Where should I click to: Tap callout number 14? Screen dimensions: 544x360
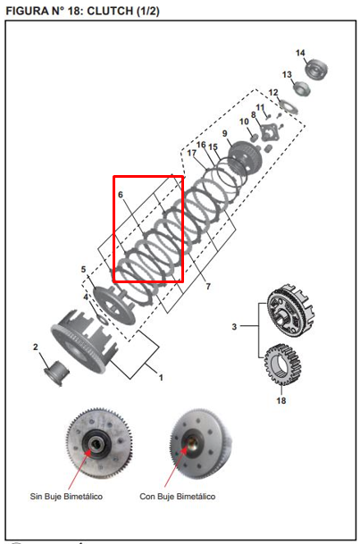pyautogui.click(x=300, y=53)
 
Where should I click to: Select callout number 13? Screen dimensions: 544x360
pyautogui.click(x=288, y=74)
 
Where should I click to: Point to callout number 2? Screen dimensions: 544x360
pyautogui.click(x=36, y=347)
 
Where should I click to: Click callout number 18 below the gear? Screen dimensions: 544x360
pyautogui.click(x=280, y=401)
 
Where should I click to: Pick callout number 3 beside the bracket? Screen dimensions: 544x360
pyautogui.click(x=235, y=328)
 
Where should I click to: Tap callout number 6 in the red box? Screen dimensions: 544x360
pyautogui.click(x=120, y=194)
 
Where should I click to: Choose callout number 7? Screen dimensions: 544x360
pyautogui.click(x=208, y=287)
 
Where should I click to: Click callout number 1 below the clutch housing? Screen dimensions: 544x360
pyautogui.click(x=161, y=378)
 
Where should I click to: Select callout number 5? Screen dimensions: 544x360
pyautogui.click(x=83, y=269)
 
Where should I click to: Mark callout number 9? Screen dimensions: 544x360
pyautogui.click(x=225, y=134)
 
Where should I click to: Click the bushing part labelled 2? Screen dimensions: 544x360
pyautogui.click(x=56, y=369)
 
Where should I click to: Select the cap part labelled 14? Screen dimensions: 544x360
pyautogui.click(x=318, y=68)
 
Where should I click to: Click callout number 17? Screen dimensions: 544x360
pyautogui.click(x=191, y=154)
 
